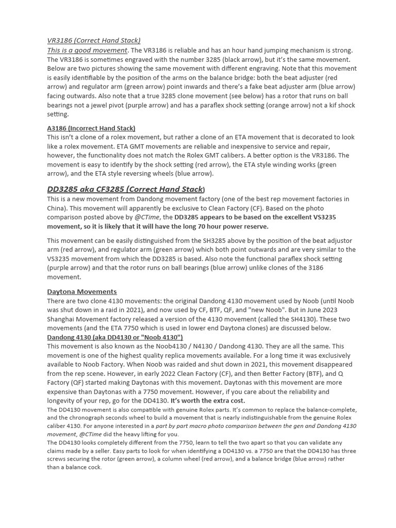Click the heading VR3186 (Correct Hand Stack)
point(93,40)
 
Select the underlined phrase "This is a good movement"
point(87,50)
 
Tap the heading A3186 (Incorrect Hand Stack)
point(91,128)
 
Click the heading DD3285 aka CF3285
point(126,189)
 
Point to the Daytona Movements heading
point(81,291)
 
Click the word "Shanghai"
point(61,319)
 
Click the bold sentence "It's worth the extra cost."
point(208,401)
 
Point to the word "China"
point(57,208)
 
